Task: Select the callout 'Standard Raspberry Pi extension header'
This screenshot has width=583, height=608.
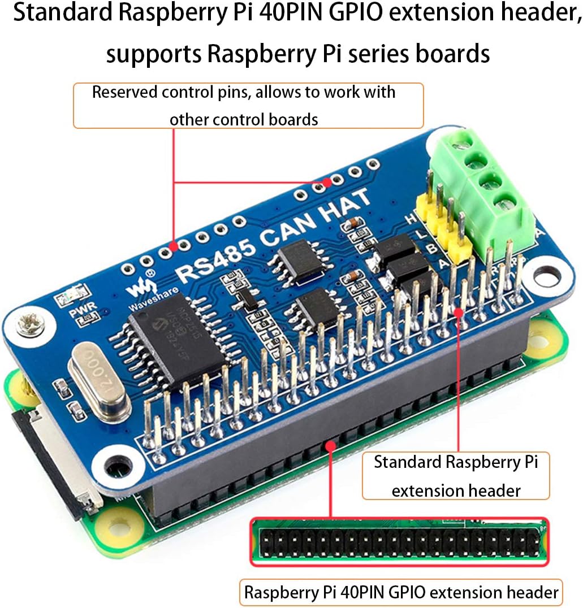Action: pyautogui.click(x=456, y=476)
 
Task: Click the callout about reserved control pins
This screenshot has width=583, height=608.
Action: pyautogui.click(x=248, y=106)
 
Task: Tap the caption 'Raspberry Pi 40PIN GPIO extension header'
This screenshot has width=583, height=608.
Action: pyautogui.click(x=401, y=592)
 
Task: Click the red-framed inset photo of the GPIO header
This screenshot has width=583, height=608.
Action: pyautogui.click(x=399, y=541)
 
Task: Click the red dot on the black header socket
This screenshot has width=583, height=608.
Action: pyautogui.click(x=330, y=446)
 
